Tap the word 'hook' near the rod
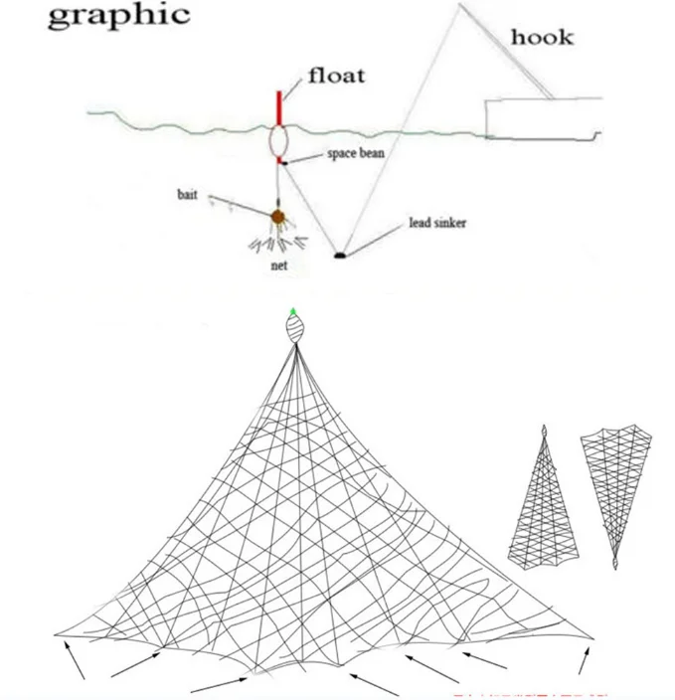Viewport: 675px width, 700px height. click(541, 38)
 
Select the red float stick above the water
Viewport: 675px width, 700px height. click(279, 107)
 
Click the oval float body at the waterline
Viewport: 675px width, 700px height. click(278, 141)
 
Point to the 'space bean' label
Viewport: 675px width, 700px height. click(355, 156)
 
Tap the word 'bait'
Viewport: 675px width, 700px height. click(188, 196)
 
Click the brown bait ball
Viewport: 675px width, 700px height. click(277, 216)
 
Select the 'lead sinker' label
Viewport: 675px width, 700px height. click(436, 223)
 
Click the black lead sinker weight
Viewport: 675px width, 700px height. click(340, 256)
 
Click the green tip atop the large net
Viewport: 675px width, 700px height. click(293, 312)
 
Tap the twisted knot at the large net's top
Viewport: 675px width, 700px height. click(294, 331)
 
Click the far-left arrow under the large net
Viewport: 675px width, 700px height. click(76, 660)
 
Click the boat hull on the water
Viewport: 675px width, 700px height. click(543, 117)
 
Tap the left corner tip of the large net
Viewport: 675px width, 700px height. click(56, 632)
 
